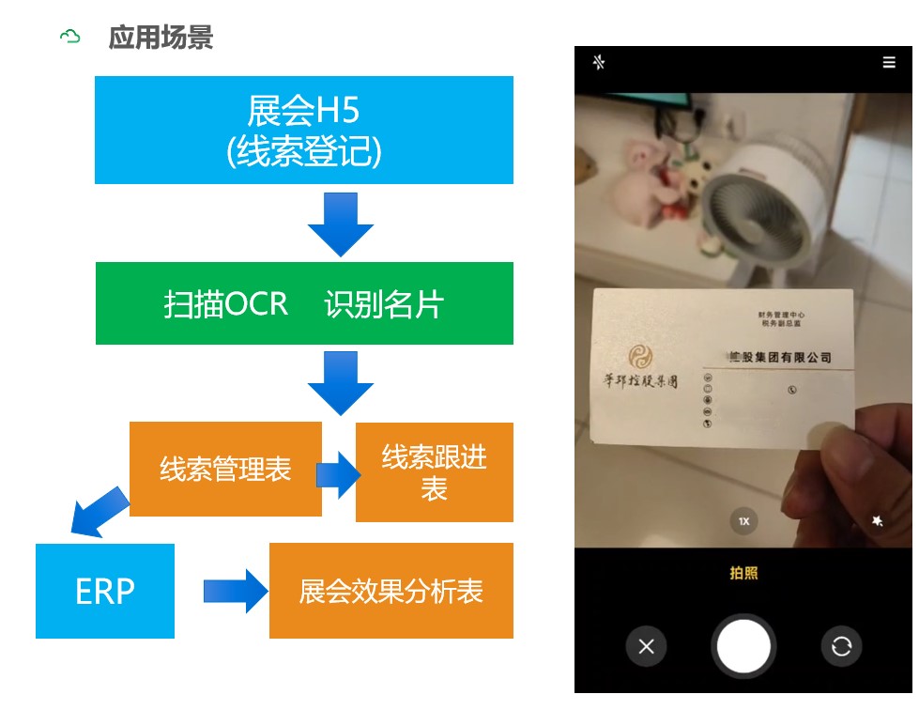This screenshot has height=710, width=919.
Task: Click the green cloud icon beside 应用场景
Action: [70, 38]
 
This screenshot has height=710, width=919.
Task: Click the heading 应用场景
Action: [161, 38]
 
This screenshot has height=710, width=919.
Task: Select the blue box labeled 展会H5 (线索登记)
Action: [303, 130]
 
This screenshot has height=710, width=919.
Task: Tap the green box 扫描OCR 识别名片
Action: [303, 303]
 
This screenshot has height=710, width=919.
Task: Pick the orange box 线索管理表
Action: [225, 469]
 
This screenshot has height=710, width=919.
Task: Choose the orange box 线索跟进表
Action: [434, 472]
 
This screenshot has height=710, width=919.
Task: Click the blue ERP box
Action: [105, 591]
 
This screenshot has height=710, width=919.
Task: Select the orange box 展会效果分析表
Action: [391, 591]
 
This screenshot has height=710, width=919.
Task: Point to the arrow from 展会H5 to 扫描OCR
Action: [340, 224]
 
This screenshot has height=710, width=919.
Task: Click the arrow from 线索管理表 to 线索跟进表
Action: [338, 474]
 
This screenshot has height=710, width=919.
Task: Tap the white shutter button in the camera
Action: [743, 646]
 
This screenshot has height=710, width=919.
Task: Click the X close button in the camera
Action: [647, 646]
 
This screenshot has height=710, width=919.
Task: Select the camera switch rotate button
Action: [841, 646]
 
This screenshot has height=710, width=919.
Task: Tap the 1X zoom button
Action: [743, 520]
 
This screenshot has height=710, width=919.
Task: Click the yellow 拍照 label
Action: [743, 573]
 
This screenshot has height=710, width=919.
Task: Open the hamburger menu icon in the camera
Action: [888, 63]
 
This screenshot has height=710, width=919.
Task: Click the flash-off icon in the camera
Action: [600, 63]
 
